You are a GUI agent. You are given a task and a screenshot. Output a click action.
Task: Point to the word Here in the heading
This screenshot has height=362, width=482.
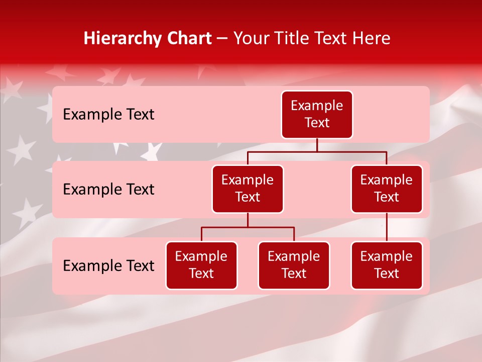371,38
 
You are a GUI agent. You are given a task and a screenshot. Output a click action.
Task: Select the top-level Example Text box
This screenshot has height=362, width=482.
317,114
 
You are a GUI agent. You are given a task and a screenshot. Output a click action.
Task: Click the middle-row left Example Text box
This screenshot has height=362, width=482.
248,189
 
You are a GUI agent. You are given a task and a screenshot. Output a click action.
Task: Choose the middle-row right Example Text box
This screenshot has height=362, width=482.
387,189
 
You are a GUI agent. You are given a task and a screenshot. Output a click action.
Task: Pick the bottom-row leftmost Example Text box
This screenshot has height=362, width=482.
201,265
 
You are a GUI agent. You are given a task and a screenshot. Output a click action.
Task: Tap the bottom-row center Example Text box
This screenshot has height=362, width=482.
294,265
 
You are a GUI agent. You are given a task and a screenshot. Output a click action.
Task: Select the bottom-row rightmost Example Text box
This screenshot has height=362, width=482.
387,265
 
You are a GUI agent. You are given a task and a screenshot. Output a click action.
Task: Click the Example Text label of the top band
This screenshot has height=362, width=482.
108,114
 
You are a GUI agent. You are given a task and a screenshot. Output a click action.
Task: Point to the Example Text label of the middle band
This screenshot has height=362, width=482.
108,189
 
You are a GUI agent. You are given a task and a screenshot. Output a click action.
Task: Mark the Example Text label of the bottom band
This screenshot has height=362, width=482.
108,265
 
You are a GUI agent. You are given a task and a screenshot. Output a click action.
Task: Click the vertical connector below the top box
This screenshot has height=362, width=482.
317,145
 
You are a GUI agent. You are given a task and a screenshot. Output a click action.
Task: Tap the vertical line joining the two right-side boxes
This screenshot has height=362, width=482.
387,227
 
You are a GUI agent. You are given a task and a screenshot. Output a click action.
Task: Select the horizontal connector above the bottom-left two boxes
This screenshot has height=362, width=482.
248,227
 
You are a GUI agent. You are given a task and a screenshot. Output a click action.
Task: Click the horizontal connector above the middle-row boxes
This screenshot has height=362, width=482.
317,151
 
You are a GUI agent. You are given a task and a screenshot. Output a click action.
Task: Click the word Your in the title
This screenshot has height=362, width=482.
251,38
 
